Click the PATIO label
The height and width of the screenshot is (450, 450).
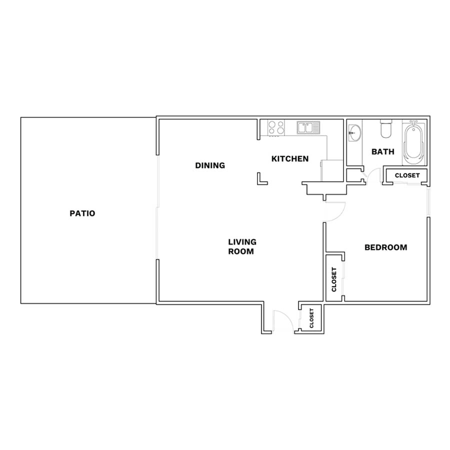[82, 213]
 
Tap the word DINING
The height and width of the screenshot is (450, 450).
[210, 165]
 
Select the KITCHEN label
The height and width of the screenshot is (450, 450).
[290, 158]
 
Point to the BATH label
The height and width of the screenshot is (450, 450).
[383, 151]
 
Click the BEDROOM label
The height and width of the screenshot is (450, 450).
[385, 247]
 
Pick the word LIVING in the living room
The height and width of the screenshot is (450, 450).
[242, 242]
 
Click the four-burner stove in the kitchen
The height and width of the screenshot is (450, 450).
[276, 127]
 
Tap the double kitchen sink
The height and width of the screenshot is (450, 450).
[308, 127]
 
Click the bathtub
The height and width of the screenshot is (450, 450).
[414, 142]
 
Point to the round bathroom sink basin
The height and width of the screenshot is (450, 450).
[354, 133]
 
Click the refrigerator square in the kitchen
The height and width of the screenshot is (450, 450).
[332, 171]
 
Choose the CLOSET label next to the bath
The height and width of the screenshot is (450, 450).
[407, 175]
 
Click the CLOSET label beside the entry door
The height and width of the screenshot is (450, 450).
[311, 318]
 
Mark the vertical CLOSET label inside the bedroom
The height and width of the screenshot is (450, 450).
[334, 279]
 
